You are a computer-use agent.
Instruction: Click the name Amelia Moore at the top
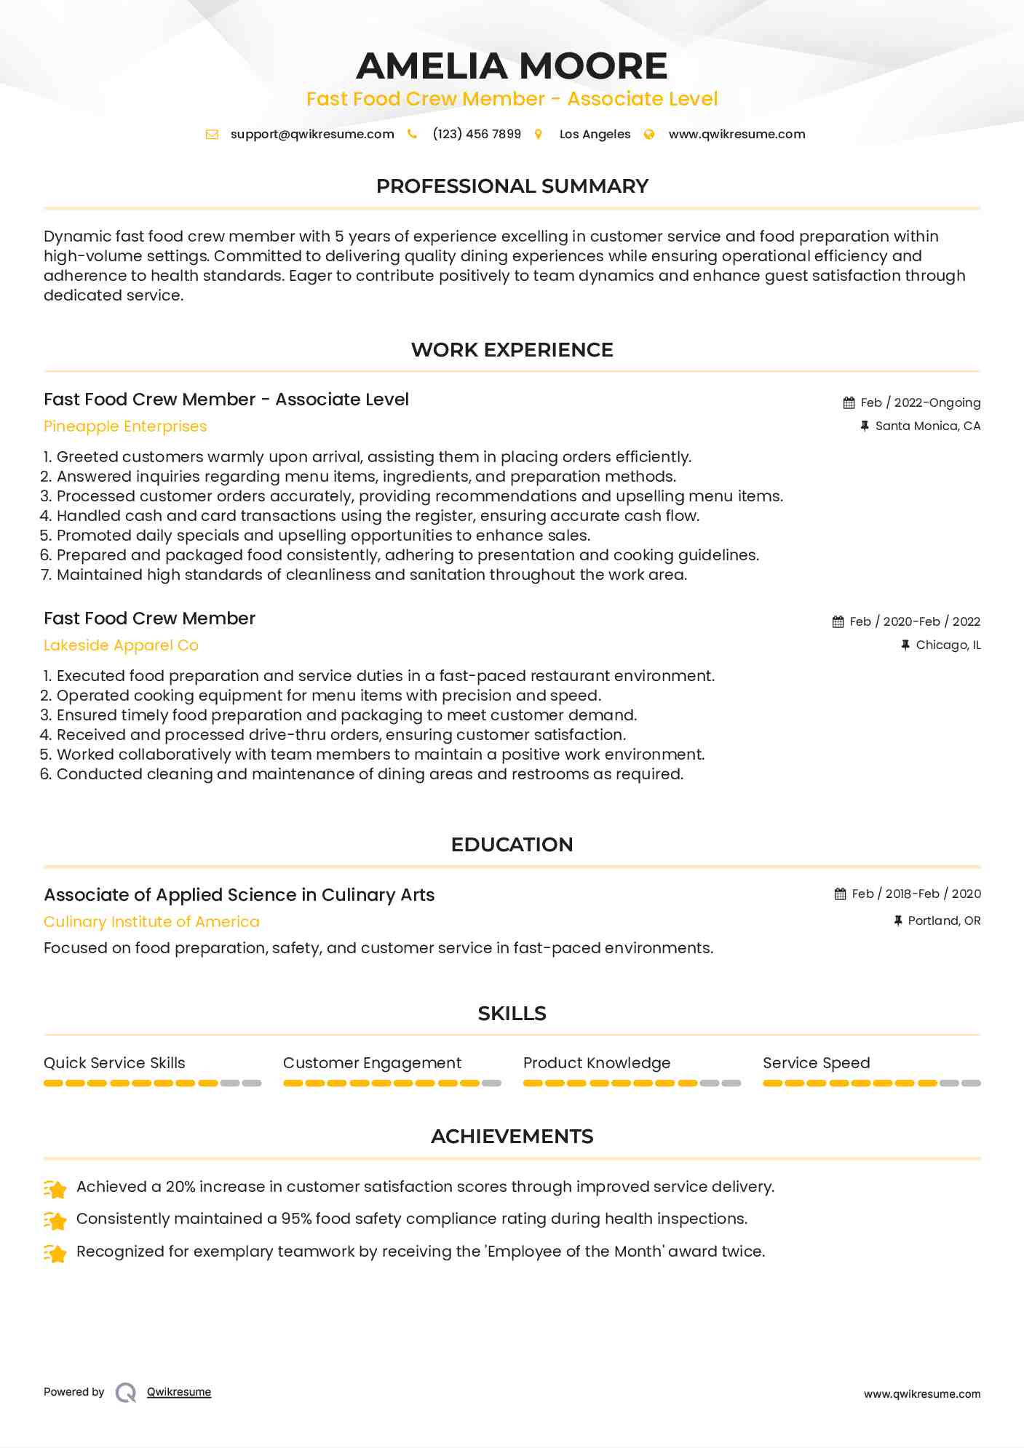click(512, 66)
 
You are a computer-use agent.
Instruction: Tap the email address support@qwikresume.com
click(312, 134)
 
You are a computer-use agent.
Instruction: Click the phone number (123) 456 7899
click(477, 134)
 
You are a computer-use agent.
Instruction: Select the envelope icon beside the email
click(212, 134)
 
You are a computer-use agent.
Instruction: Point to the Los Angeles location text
click(595, 134)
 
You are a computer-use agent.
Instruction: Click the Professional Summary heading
click(512, 186)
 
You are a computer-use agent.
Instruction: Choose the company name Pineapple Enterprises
click(125, 426)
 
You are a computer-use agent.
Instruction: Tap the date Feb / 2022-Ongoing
click(920, 402)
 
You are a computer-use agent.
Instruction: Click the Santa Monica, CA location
click(927, 426)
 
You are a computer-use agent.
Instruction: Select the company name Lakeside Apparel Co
click(121, 645)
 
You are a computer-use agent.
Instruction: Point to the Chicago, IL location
click(948, 645)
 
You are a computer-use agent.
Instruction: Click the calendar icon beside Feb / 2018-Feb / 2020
click(841, 894)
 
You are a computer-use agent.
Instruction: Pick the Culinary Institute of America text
click(151, 922)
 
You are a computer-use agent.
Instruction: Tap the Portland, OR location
click(944, 920)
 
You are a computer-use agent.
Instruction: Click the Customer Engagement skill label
click(372, 1063)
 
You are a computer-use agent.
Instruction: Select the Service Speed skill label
click(816, 1063)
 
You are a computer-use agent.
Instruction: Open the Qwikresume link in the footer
click(179, 1392)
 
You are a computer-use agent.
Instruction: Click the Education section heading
click(512, 845)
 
